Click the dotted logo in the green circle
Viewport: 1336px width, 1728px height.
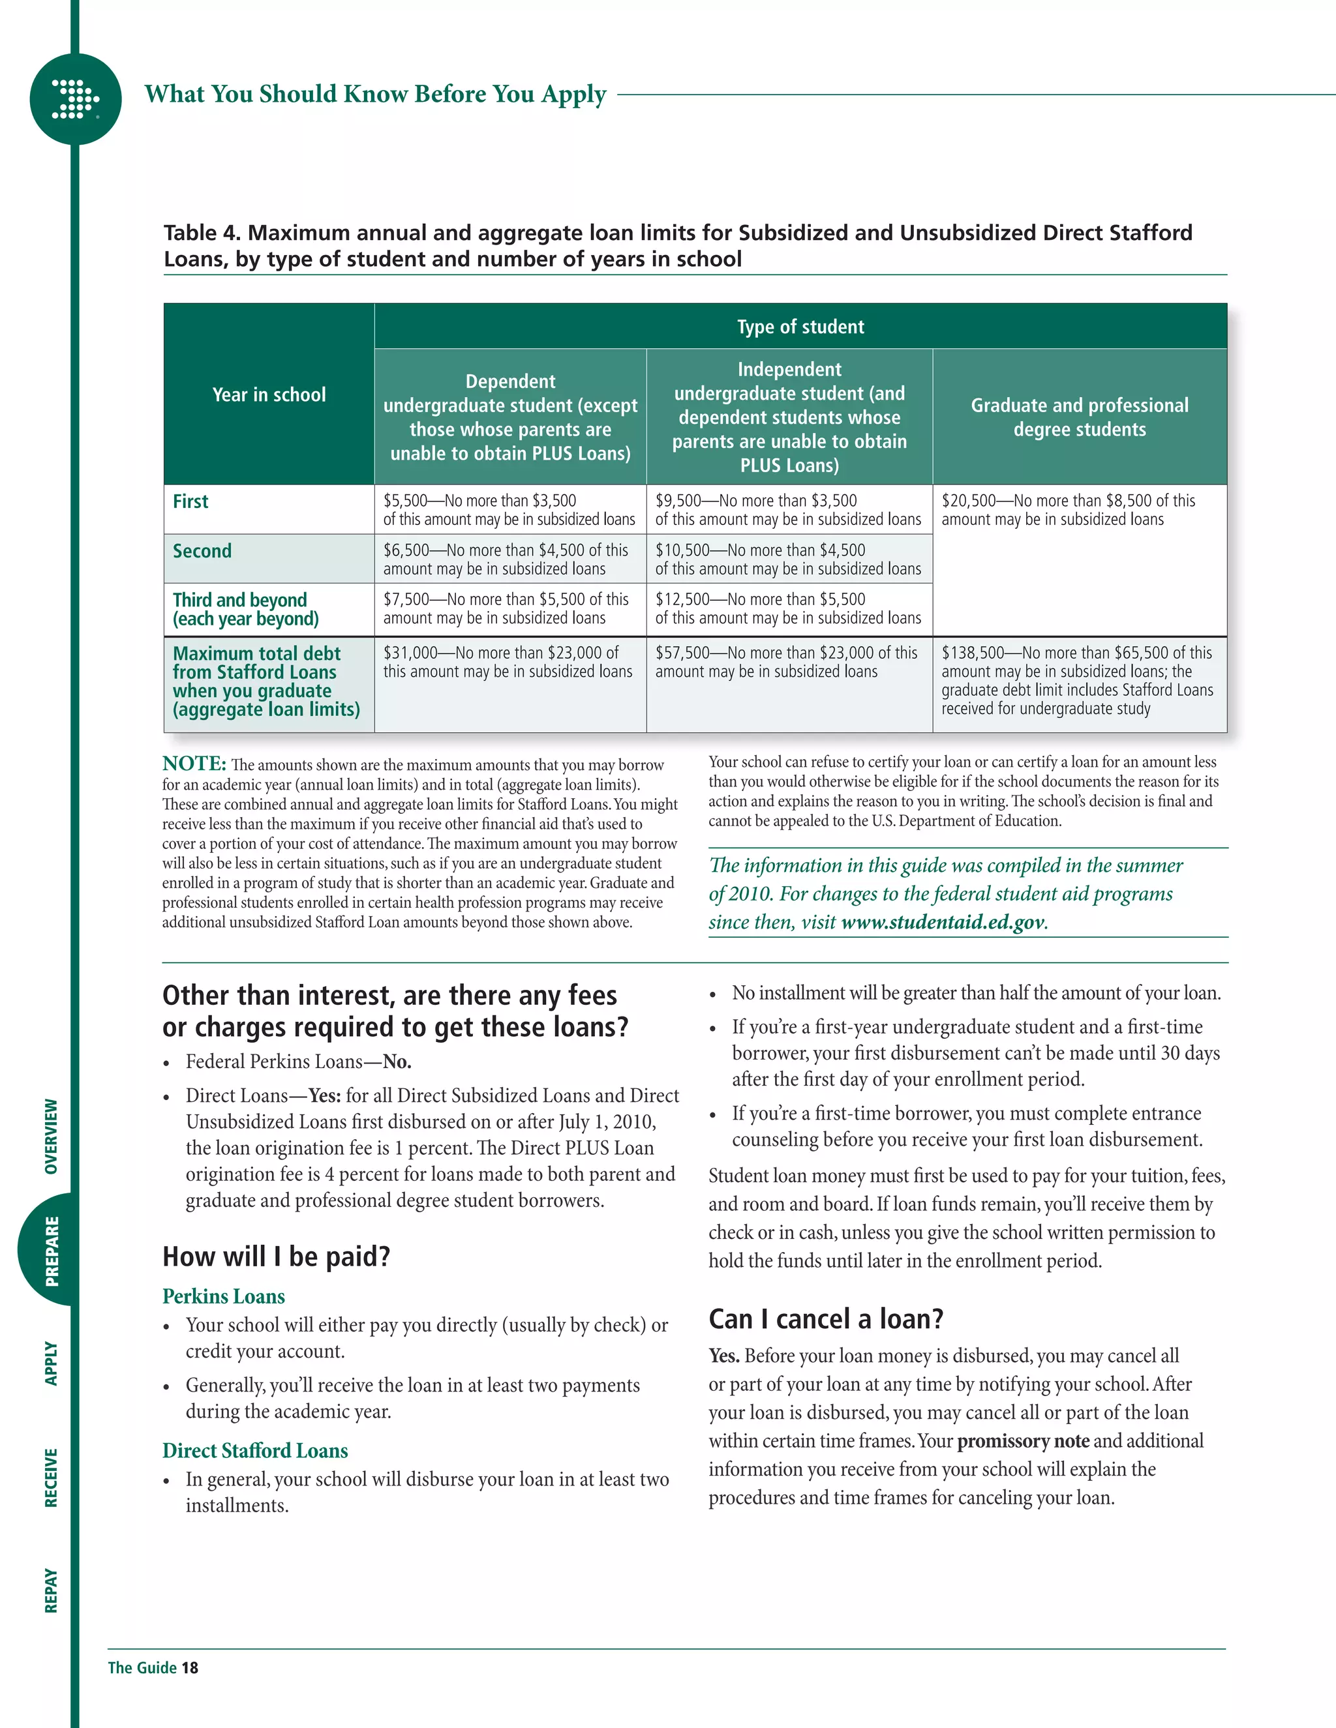[x=74, y=99]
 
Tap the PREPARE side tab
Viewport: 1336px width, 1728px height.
[x=52, y=1251]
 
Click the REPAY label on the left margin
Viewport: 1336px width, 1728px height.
[x=52, y=1590]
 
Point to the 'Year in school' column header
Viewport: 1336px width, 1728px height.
[x=269, y=395]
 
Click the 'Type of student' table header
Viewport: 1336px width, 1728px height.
[x=800, y=327]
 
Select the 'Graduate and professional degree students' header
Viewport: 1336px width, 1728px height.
[x=1080, y=417]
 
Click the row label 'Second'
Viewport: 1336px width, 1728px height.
[x=203, y=551]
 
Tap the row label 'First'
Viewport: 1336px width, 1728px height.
[x=190, y=501]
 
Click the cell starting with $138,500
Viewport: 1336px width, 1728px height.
[x=1077, y=680]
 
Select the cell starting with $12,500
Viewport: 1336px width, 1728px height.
[x=788, y=608]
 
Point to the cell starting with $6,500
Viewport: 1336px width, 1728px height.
[x=506, y=559]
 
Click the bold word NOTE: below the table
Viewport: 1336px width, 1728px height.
[x=194, y=764]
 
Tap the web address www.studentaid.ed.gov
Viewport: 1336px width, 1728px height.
[x=943, y=923]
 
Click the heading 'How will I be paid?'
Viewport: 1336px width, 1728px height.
[x=276, y=1257]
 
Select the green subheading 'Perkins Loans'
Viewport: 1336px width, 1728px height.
[x=224, y=1297]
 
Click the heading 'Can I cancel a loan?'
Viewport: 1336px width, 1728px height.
[x=825, y=1319]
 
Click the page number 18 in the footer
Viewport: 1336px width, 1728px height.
[x=190, y=1668]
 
